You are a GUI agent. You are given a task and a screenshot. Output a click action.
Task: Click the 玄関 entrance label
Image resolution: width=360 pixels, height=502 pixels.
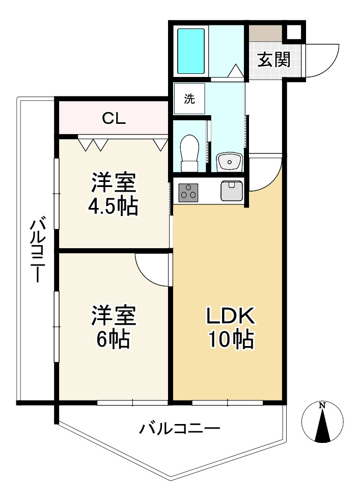click(x=273, y=60)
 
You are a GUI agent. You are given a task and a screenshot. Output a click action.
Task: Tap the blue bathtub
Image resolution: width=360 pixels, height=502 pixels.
click(x=191, y=51)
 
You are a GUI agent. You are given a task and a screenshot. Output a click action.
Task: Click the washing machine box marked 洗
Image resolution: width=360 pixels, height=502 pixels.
click(x=189, y=99)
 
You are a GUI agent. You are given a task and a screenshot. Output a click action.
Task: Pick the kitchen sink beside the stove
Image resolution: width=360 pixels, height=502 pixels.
click(x=232, y=191)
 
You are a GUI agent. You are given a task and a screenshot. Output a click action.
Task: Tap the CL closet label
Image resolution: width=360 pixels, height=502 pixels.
click(x=114, y=119)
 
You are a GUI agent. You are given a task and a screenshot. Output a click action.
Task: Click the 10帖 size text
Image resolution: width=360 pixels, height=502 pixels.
click(x=230, y=339)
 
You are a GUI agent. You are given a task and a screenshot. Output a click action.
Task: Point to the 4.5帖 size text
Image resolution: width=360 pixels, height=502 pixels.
click(x=113, y=206)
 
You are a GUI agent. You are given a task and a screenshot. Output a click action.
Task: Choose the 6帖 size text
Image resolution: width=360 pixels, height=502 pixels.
click(x=113, y=339)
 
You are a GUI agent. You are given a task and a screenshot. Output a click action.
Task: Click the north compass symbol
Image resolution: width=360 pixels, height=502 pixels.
click(x=322, y=422)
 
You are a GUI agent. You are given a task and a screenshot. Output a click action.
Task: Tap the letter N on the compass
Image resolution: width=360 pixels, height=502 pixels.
click(x=322, y=406)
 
